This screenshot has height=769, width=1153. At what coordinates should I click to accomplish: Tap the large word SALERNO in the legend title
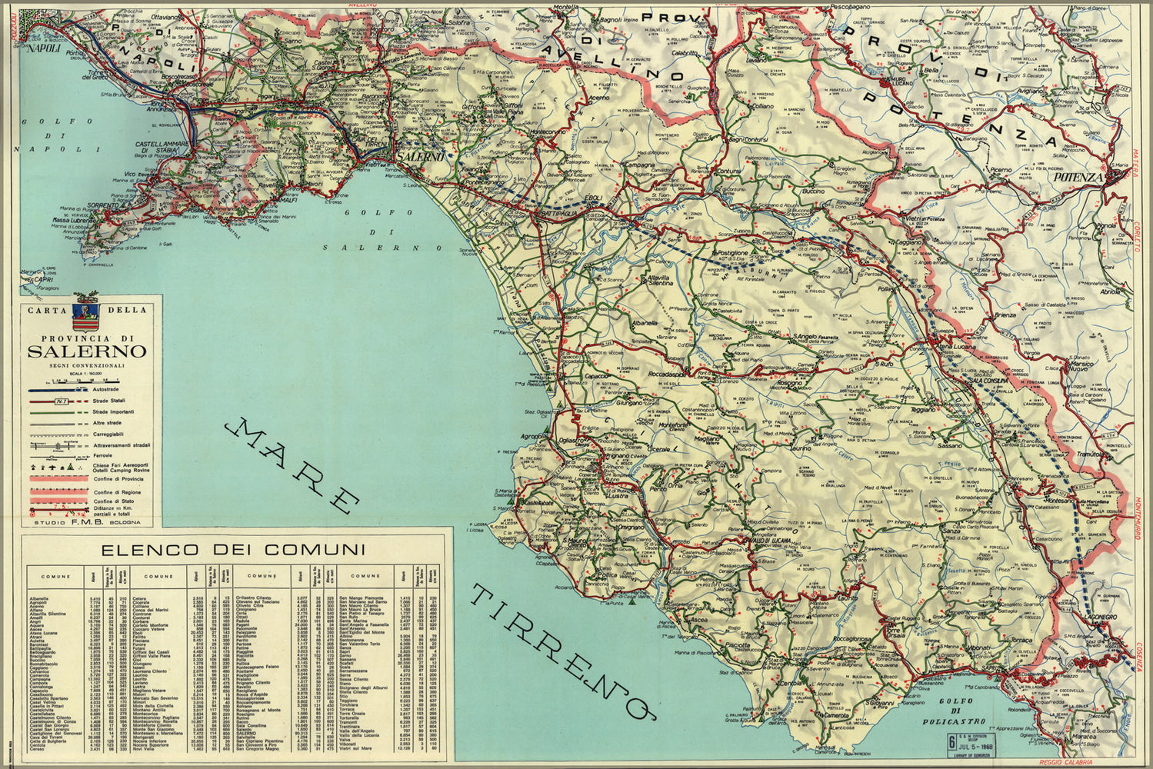[x=87, y=351]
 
